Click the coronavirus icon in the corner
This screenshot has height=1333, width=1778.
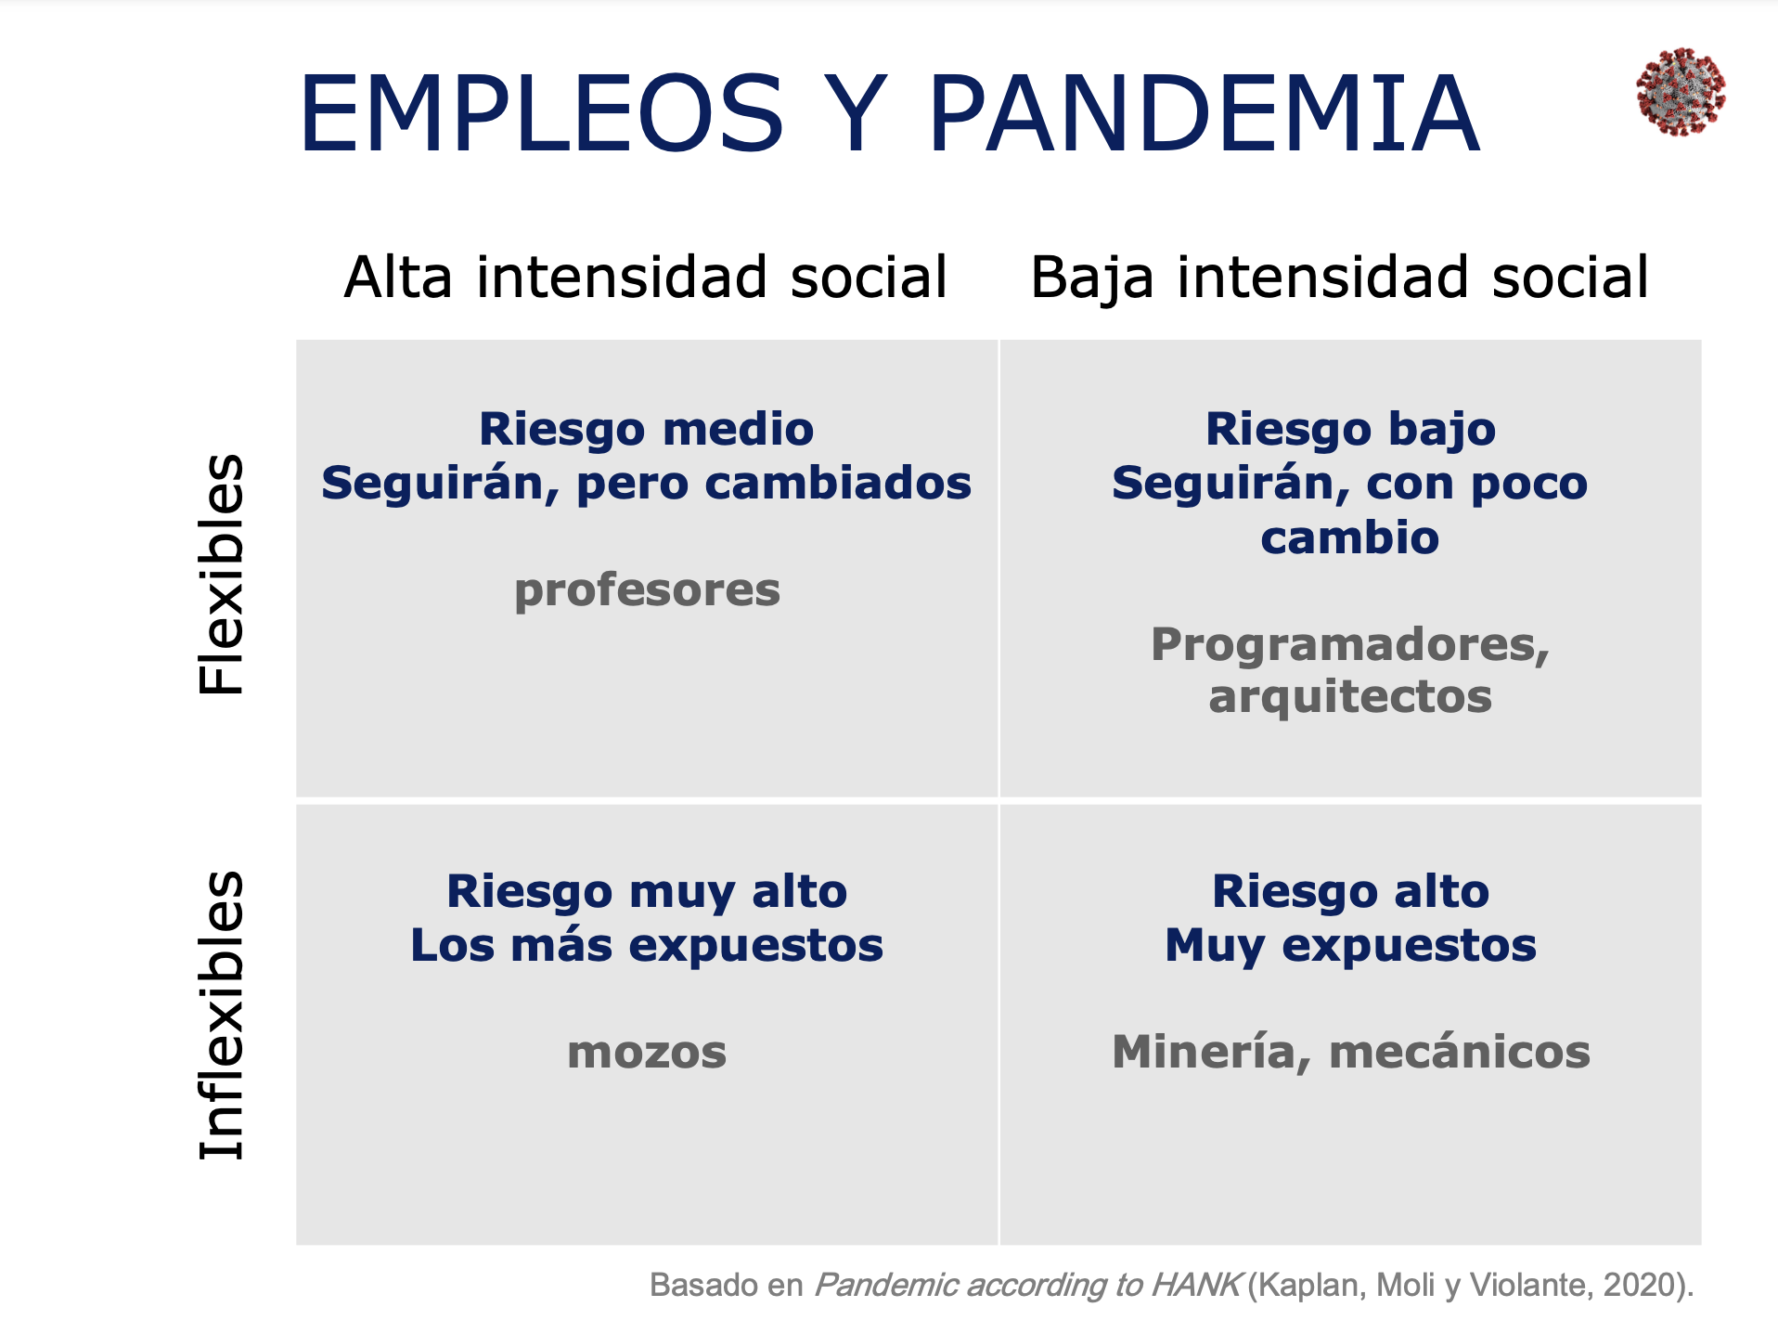(x=1681, y=92)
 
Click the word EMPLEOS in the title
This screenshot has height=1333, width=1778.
(x=542, y=114)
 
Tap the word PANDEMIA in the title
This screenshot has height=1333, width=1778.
(x=1204, y=114)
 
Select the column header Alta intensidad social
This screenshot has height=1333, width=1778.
(x=646, y=277)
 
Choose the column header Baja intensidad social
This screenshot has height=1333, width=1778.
(x=1340, y=277)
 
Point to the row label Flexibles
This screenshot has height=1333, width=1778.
(x=222, y=575)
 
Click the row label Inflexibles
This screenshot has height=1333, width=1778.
(x=222, y=1016)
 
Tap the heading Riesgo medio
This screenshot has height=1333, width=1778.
(x=647, y=430)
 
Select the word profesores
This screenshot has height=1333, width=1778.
(x=648, y=590)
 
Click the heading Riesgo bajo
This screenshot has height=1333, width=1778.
(x=1350, y=430)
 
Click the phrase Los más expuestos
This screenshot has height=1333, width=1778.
(x=647, y=946)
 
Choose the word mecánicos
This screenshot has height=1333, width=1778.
(x=1460, y=1053)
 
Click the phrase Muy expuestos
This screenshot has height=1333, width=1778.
(x=1350, y=946)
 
